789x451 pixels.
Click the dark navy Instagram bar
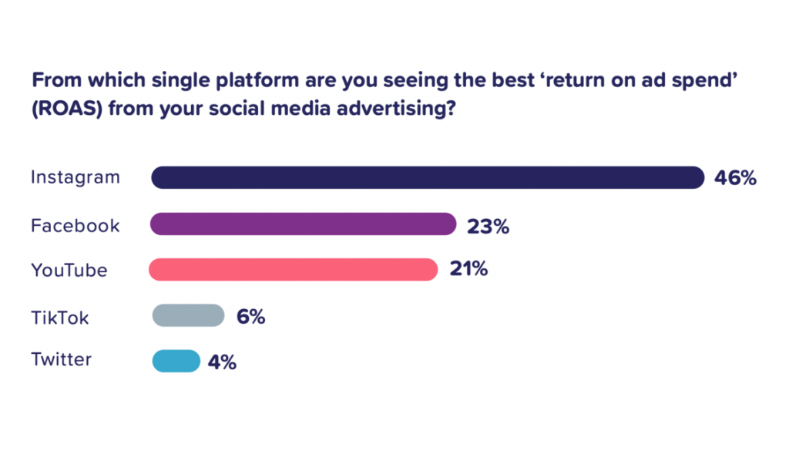tap(428, 177)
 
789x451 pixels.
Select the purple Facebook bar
tap(304, 224)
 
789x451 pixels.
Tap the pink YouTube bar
tap(294, 269)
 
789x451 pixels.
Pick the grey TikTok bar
tap(188, 315)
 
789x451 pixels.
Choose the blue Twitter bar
tap(176, 361)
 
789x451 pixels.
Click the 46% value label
tap(735, 178)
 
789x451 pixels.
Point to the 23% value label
tap(488, 227)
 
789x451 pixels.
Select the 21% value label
tap(468, 269)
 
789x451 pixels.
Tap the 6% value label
tap(250, 317)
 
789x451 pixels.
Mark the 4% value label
tap(222, 362)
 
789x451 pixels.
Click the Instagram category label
tap(76, 177)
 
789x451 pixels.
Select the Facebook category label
tap(76, 225)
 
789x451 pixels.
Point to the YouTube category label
tap(69, 271)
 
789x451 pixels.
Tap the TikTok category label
tap(60, 318)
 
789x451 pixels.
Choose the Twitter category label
tap(62, 359)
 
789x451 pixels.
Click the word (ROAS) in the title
tap(68, 108)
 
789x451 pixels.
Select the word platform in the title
tap(257, 81)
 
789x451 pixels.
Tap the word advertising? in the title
tap(397, 109)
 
